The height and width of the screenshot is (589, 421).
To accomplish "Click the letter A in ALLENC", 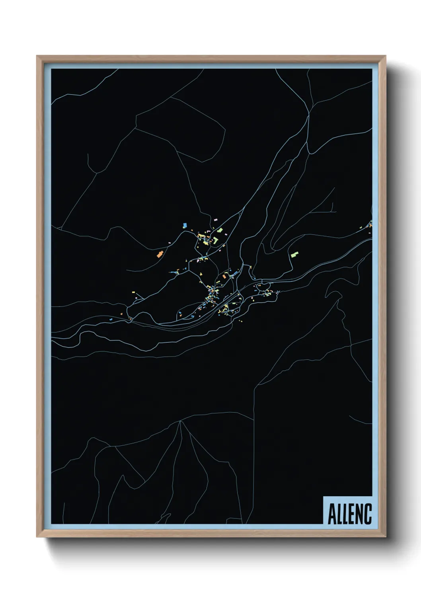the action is [332, 514].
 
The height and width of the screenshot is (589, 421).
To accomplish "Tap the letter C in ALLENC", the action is [368, 514].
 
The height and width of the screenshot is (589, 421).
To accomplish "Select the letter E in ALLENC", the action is [350, 514].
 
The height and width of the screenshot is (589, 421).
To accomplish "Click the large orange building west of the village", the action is [160, 254].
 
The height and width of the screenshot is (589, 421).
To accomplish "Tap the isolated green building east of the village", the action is [294, 253].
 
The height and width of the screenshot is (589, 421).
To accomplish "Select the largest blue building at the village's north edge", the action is [185, 225].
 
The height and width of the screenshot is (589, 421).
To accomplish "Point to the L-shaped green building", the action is [215, 240].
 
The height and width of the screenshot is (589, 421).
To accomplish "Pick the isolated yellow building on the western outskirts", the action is [134, 292].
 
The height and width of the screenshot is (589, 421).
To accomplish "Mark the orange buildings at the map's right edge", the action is [370, 226].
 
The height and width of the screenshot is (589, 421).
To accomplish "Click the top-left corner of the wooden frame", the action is [37, 57].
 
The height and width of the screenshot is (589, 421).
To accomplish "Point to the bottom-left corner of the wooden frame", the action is [37, 536].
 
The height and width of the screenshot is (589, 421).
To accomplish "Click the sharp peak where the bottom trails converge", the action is [181, 421].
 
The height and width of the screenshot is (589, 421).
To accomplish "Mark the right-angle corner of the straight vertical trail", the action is [254, 385].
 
